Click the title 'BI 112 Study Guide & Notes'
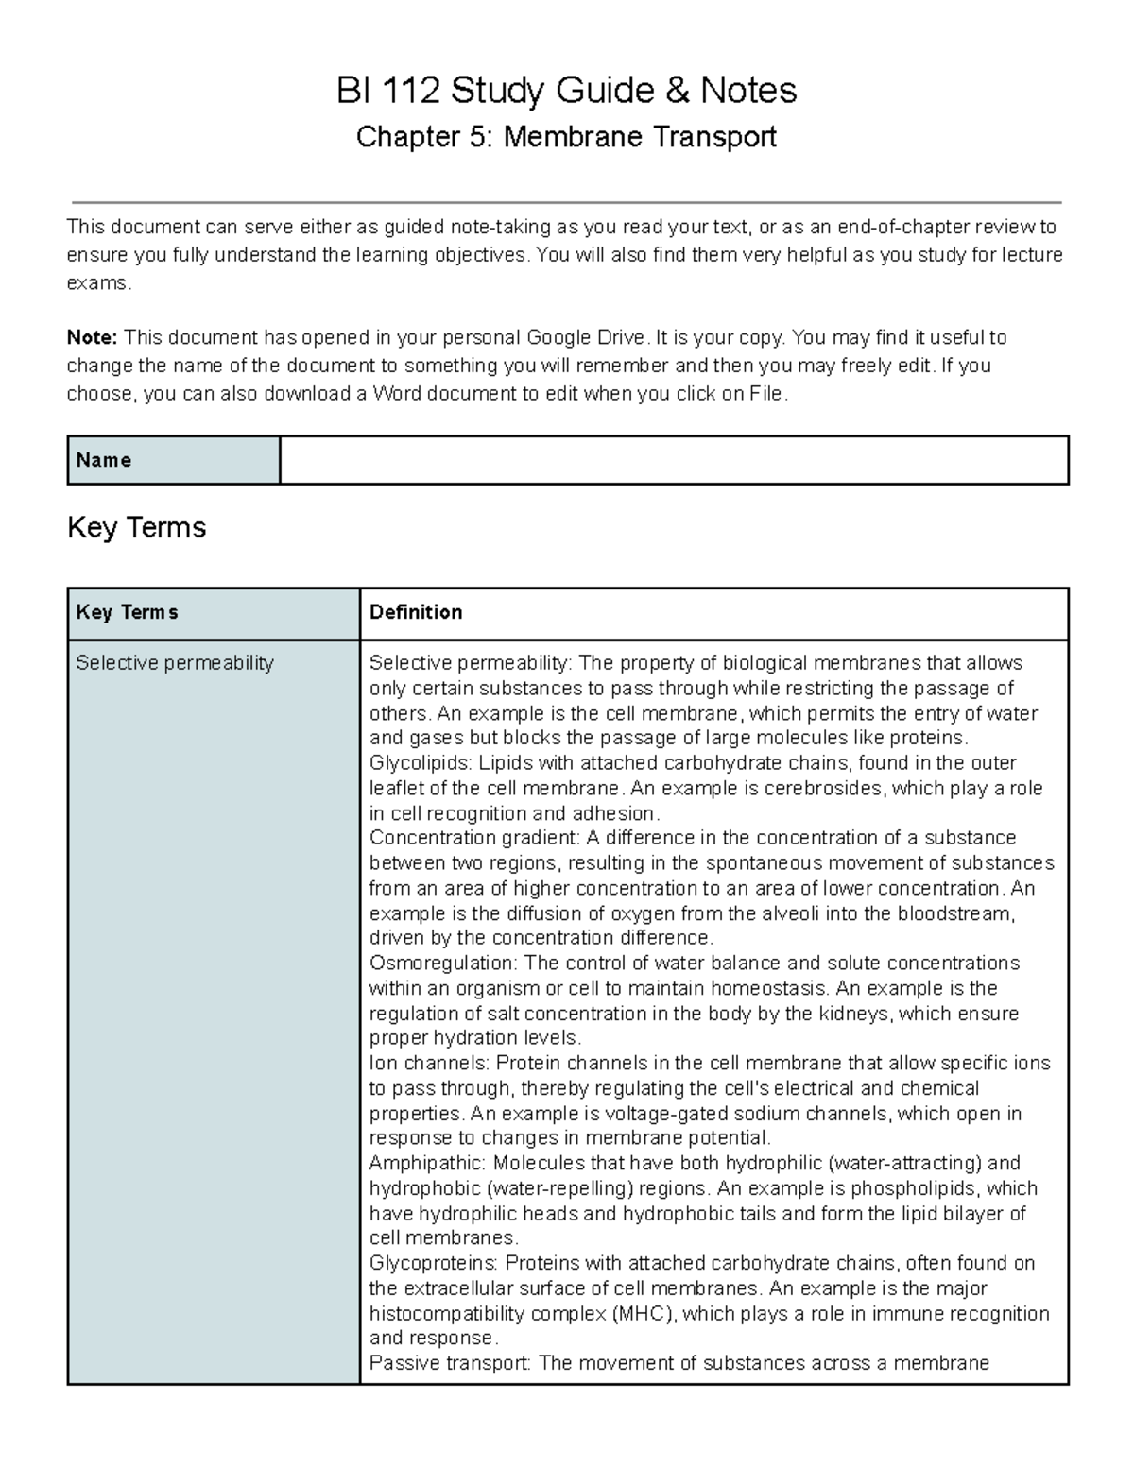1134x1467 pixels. (567, 92)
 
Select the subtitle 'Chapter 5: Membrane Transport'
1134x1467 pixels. (567, 138)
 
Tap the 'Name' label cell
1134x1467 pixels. (173, 460)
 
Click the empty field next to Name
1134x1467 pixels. (673, 460)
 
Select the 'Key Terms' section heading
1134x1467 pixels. (137, 527)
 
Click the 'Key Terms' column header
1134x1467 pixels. (127, 612)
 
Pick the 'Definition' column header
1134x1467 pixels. (416, 612)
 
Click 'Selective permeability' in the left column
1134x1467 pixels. (175, 663)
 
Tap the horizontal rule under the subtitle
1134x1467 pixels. (567, 202)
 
